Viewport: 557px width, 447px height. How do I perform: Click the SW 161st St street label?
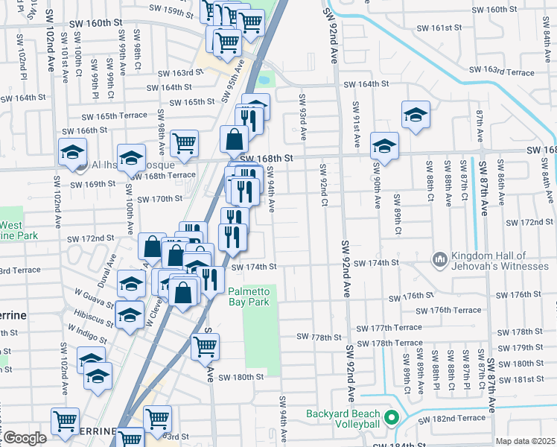pyautogui.click(x=439, y=27)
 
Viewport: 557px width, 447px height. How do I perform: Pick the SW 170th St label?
pyautogui.click(x=155, y=199)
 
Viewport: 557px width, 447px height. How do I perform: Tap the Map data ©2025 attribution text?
pyautogui.click(x=525, y=441)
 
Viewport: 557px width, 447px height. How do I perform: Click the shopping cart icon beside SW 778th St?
pyautogui.click(x=205, y=346)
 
